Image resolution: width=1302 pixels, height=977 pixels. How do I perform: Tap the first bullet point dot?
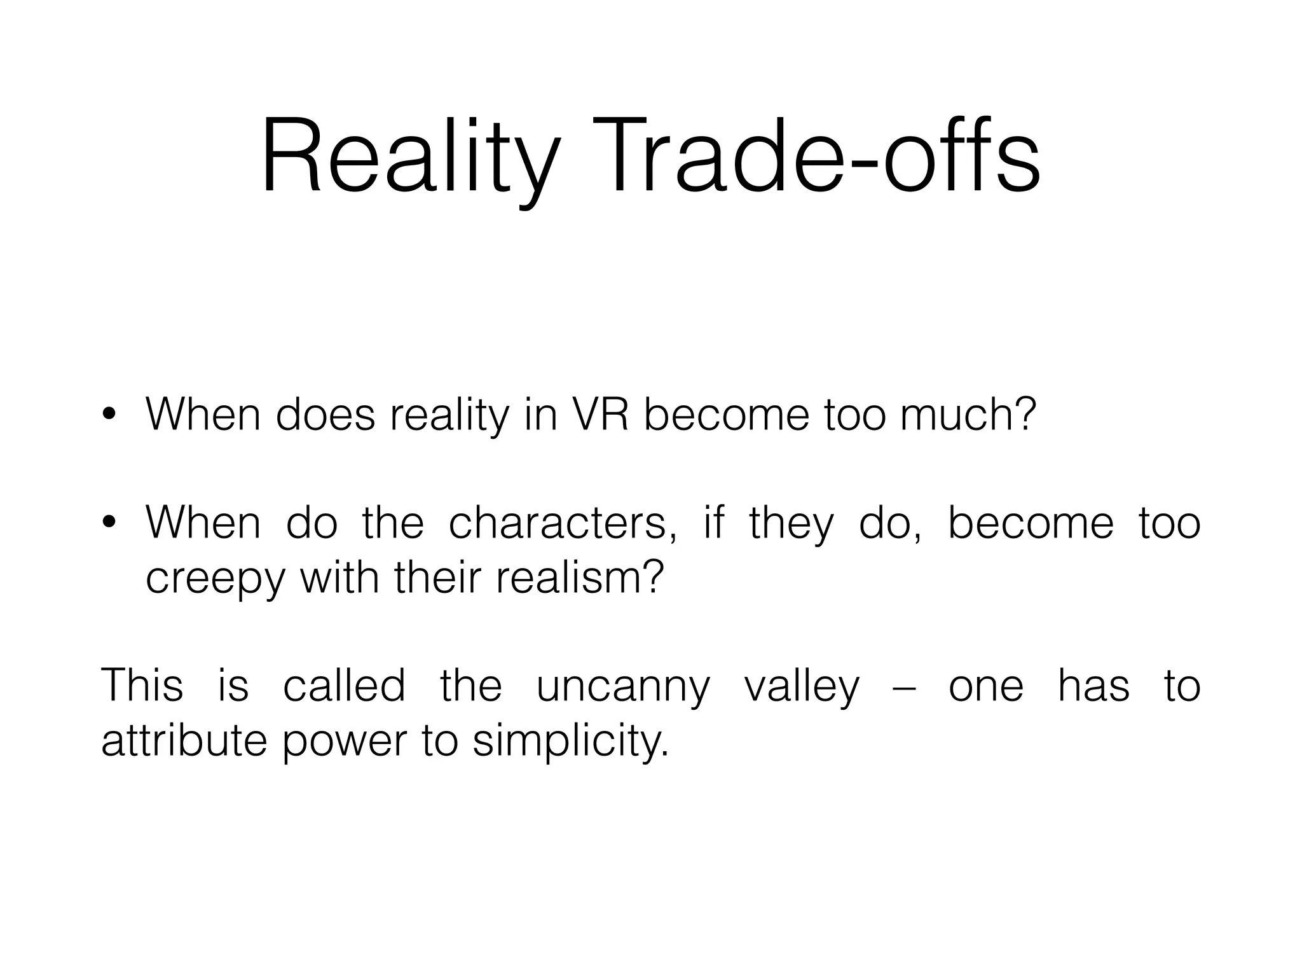pos(109,415)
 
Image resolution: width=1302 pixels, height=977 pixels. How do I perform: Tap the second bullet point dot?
pos(109,523)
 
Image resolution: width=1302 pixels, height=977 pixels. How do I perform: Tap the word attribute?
pos(184,741)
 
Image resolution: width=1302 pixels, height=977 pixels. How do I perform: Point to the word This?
pos(142,686)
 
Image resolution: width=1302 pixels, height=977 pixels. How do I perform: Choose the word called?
pos(344,686)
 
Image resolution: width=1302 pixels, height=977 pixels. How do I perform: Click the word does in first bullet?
pos(325,415)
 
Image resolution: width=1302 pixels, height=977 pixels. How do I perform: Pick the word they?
pos(790,523)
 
